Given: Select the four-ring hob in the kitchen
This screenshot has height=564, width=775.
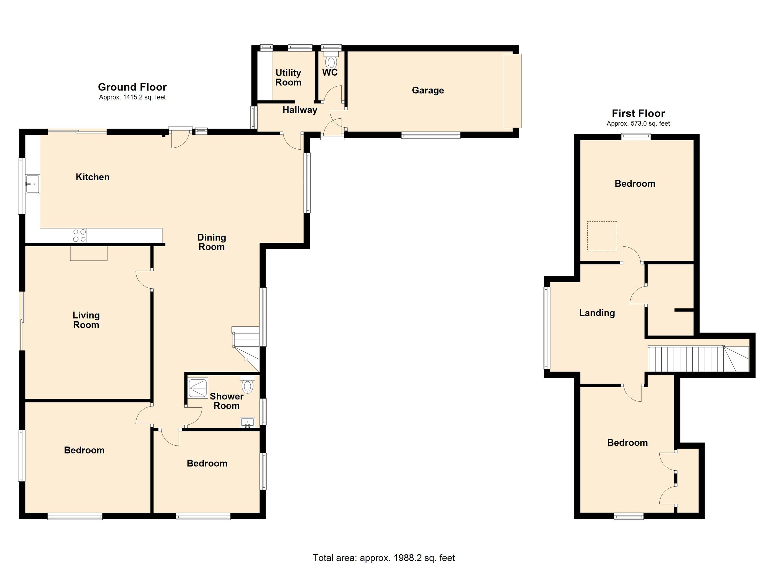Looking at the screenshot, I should (x=79, y=236).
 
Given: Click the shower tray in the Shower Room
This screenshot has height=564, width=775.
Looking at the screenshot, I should (x=198, y=388).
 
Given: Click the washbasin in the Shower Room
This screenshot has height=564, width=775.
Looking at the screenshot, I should (x=248, y=422).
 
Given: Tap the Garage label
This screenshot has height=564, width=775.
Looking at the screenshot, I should (x=428, y=90).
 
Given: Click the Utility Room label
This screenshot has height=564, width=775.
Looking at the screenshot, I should (x=288, y=78).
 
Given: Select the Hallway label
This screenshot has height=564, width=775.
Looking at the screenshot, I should (x=300, y=110).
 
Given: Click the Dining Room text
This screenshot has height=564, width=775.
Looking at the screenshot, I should (x=212, y=242).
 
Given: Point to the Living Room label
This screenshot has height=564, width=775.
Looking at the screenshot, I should (x=86, y=320).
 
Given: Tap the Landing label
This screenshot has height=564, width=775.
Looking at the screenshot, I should (x=597, y=313).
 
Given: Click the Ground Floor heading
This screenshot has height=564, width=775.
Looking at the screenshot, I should (x=132, y=87).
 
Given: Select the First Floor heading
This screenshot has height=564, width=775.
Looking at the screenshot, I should (x=638, y=113).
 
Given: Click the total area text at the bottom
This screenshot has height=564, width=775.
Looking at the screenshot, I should (x=384, y=558).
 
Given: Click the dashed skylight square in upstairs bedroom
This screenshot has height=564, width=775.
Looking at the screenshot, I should (x=602, y=236).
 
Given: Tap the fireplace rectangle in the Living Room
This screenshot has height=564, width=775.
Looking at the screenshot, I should (x=89, y=253).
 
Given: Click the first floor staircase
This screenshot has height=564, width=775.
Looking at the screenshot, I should (x=697, y=359).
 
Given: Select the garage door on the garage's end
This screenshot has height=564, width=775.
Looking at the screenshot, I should (x=513, y=90).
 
